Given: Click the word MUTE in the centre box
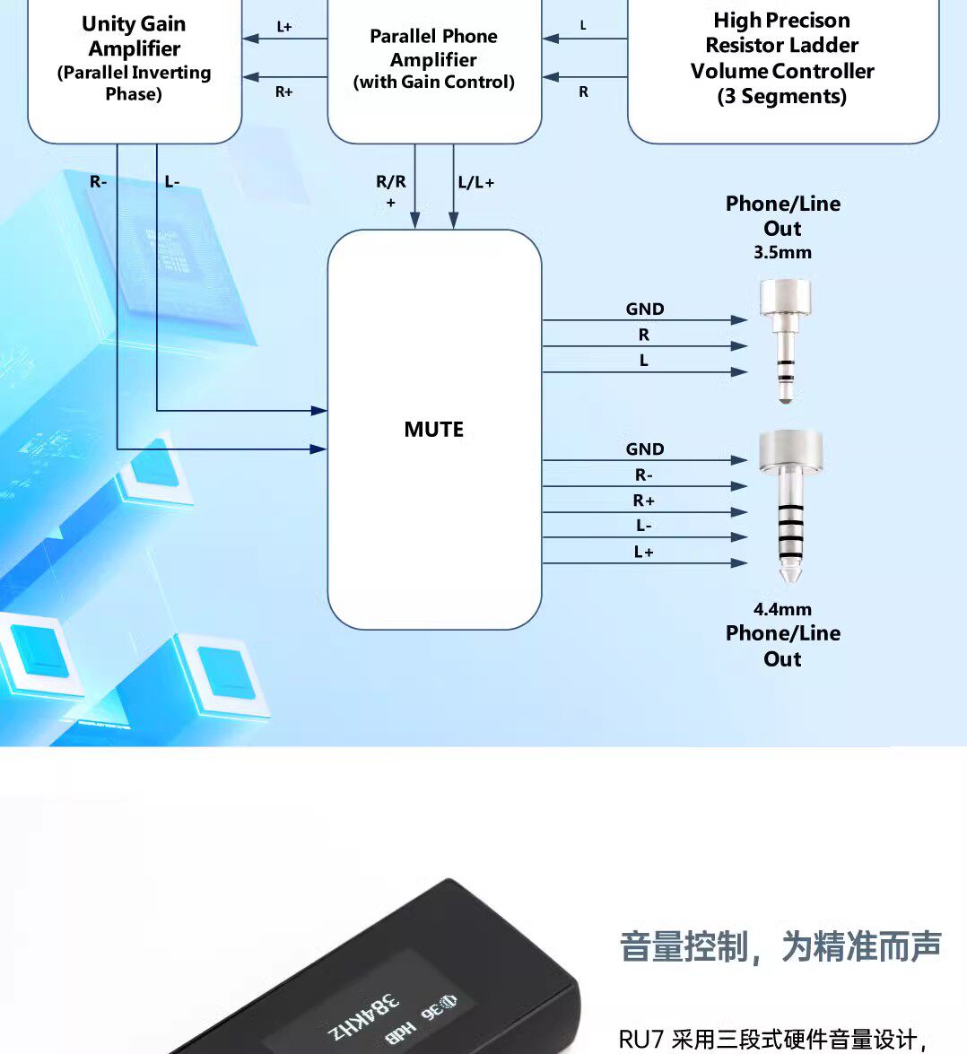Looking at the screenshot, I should coord(433,430).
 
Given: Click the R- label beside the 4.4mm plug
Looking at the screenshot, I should coord(644,475).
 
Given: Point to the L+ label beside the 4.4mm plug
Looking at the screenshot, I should coord(644,552).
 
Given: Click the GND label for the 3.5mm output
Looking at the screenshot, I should coord(645,309).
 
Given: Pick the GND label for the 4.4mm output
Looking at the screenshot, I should coord(645,449).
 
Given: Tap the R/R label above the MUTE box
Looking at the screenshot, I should coord(391,182).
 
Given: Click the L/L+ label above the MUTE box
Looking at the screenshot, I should coord(475,182).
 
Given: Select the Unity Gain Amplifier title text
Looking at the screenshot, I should coord(134,36).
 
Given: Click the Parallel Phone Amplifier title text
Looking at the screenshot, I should coord(433,48).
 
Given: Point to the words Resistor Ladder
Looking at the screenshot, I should coord(781,45).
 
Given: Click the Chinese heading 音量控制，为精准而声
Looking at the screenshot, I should coord(780,946).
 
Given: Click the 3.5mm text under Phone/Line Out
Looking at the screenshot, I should coord(782,253).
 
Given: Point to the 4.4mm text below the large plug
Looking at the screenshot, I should coord(782,609).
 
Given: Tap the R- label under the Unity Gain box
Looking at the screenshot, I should coord(98,182).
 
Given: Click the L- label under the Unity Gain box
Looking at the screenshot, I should coord(172,182).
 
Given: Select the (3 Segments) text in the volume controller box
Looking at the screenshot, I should coord(781,97).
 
